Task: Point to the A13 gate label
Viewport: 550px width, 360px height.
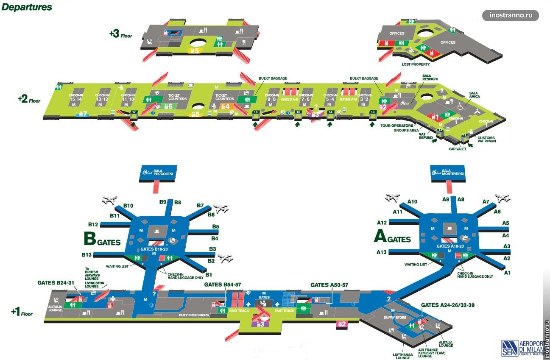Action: (381, 252)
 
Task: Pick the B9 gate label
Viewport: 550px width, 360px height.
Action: (162, 202)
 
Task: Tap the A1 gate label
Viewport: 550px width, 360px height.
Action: (507, 273)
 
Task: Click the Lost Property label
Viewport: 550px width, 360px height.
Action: (416, 64)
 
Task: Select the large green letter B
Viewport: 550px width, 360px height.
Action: (90, 239)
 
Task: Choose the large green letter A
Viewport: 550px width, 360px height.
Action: (380, 237)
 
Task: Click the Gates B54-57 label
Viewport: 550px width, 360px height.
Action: (222, 285)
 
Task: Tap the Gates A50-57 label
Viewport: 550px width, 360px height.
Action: (329, 285)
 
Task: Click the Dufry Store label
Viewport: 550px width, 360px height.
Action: (397, 317)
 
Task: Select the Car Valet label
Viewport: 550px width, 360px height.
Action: (458, 149)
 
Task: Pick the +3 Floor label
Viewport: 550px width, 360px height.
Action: (120, 34)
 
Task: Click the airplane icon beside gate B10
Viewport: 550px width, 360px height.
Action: (109, 199)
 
